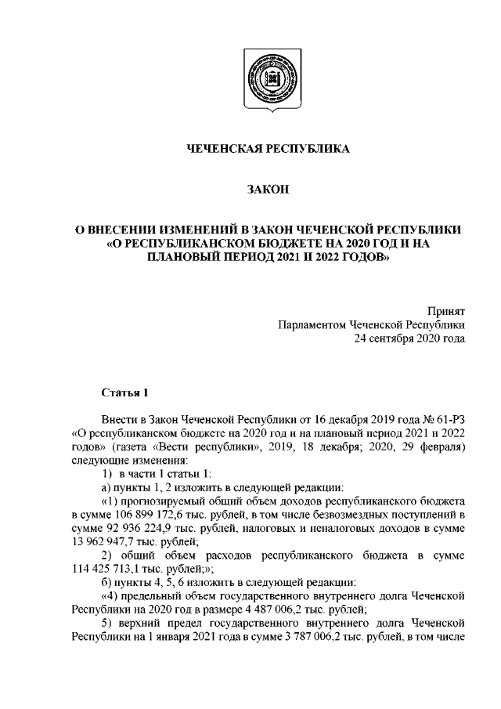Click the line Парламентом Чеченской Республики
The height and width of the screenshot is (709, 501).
tap(371, 325)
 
